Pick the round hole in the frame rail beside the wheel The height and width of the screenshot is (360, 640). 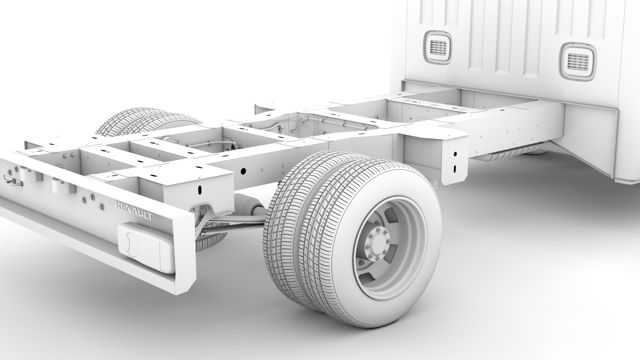point(243,171)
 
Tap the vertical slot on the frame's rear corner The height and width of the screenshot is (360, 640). point(200,190)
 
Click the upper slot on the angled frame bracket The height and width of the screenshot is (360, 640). point(455,154)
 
